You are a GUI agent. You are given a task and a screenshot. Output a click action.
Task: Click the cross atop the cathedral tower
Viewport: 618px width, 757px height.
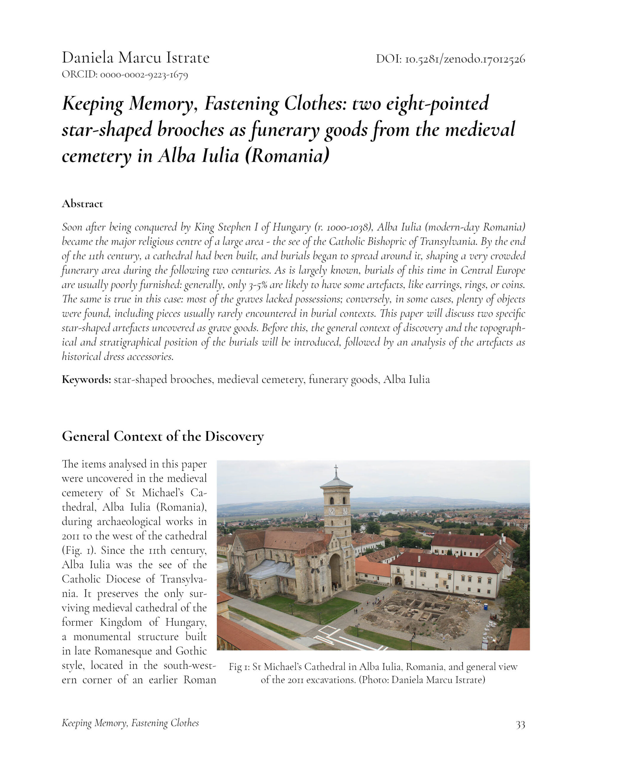[x=336, y=470]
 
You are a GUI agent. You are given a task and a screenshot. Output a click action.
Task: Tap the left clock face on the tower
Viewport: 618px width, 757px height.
[x=331, y=511]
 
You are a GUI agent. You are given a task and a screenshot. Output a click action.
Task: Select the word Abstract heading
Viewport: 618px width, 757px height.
[x=82, y=204]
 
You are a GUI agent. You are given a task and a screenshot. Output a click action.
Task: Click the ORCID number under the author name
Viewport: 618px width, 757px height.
[x=144, y=75]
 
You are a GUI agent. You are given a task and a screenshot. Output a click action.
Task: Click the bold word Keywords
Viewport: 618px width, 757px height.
[x=86, y=380]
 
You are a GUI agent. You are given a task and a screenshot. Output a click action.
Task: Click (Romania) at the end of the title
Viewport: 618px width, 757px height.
[x=287, y=156]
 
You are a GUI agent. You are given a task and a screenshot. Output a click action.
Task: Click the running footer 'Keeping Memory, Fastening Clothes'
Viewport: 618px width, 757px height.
[x=130, y=723]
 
